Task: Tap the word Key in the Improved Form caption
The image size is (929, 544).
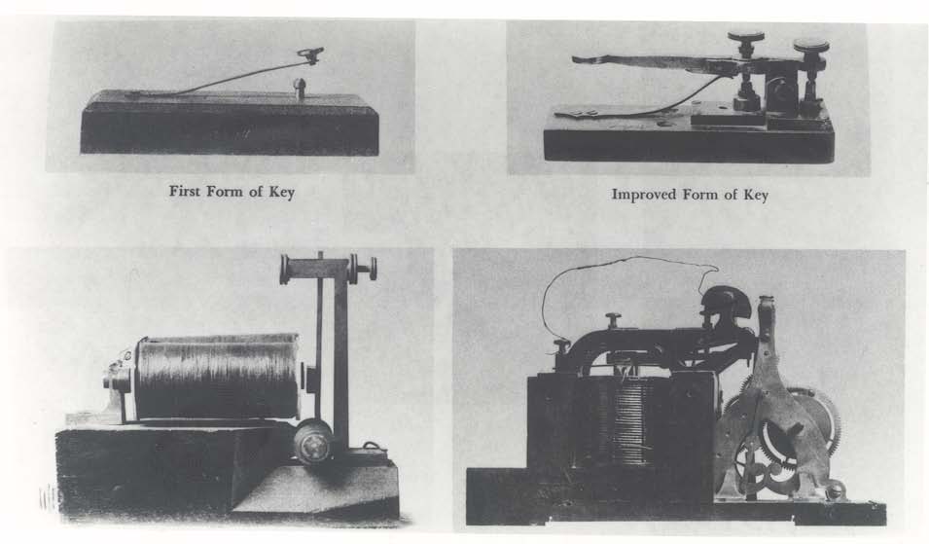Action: coord(756,195)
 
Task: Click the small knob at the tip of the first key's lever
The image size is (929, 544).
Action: coord(311,55)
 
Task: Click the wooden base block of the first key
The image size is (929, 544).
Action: coord(230,124)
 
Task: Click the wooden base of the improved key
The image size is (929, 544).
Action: coord(689,138)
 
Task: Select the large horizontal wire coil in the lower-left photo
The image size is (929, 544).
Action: coord(217,377)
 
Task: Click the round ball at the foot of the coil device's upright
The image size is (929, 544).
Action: coord(313,442)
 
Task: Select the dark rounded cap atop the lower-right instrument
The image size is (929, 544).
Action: coord(725,301)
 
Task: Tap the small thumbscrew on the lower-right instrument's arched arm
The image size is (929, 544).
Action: coord(611,320)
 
